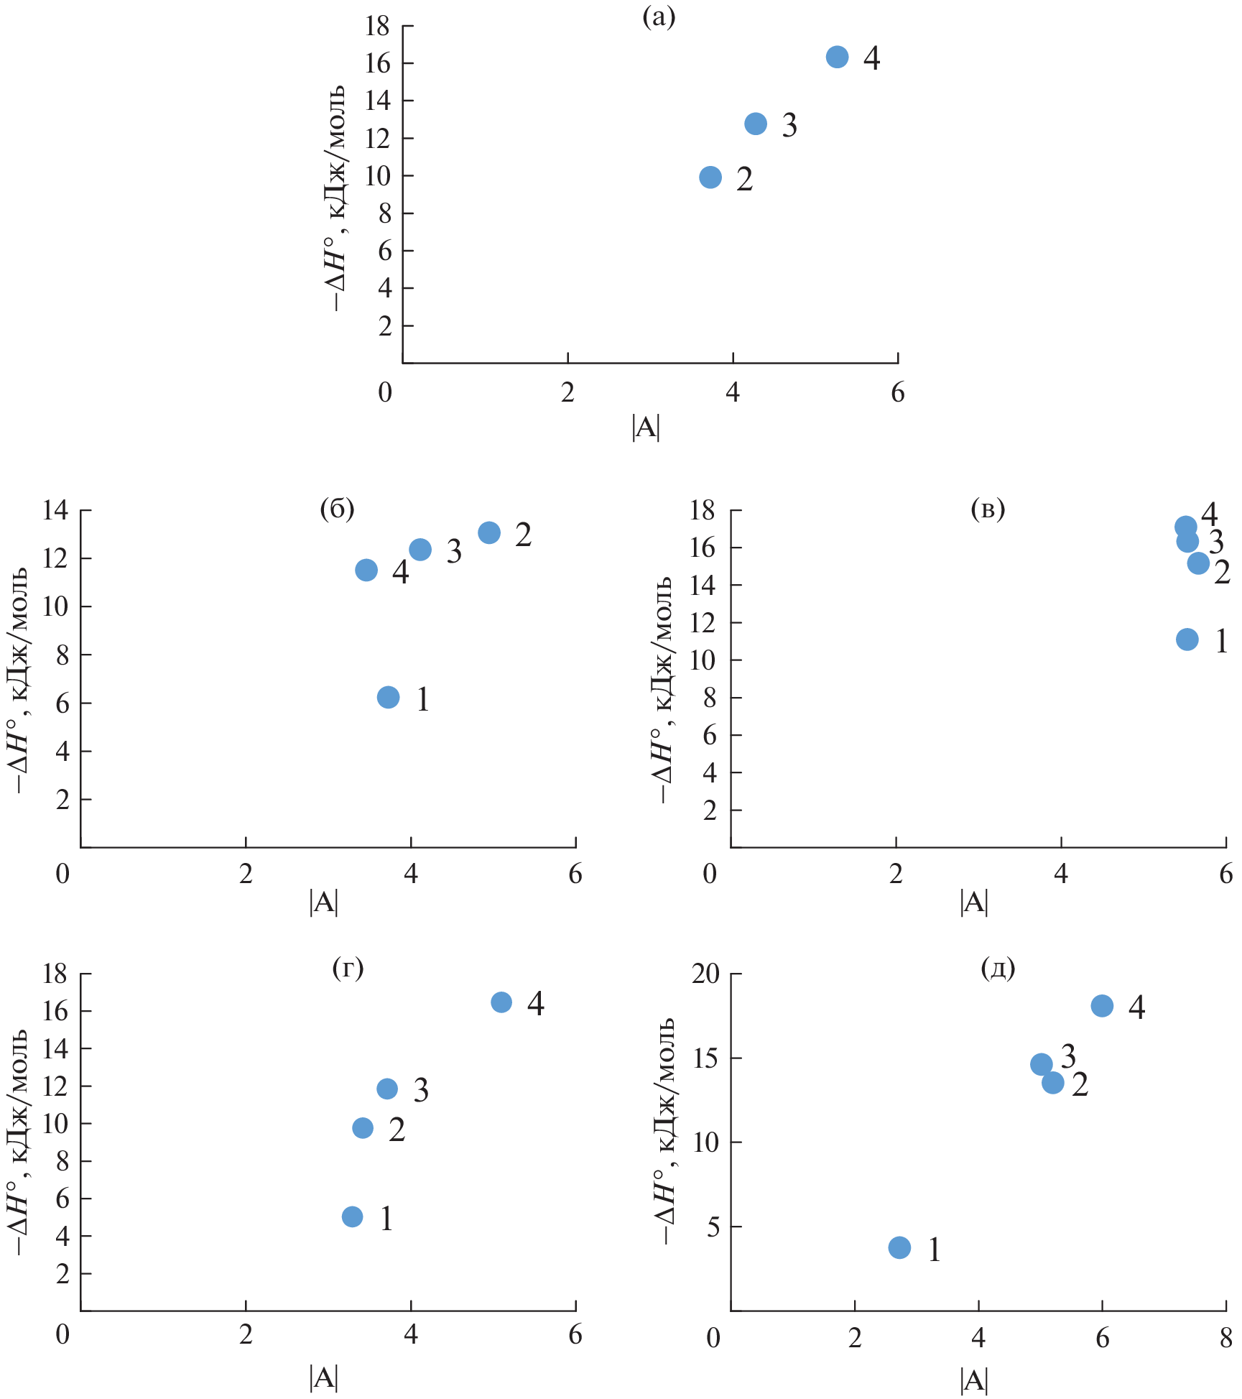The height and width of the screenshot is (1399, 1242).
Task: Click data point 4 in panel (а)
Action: pyautogui.click(x=837, y=57)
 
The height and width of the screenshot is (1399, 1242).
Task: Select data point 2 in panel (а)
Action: pyautogui.click(x=710, y=177)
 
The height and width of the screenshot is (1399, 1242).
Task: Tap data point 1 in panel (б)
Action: pyautogui.click(x=388, y=697)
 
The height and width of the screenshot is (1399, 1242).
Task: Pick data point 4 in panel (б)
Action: pyautogui.click(x=366, y=570)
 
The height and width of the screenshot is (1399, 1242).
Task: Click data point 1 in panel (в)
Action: pyautogui.click(x=1187, y=640)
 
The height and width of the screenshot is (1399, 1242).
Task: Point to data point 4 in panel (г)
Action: pyautogui.click(x=501, y=1002)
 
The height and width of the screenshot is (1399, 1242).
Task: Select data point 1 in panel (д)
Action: pyautogui.click(x=899, y=1247)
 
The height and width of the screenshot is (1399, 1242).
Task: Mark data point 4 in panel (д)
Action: pyautogui.click(x=1102, y=1006)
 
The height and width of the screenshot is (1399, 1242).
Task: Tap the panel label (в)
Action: pyautogui.click(x=988, y=509)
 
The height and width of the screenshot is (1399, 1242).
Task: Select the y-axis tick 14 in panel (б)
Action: pyautogui.click(x=55, y=510)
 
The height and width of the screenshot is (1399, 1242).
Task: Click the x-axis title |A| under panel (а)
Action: pyautogui.click(x=646, y=428)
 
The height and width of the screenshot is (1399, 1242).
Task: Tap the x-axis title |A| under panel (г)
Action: pyautogui.click(x=323, y=1377)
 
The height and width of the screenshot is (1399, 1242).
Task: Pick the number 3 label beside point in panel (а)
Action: pyautogui.click(x=789, y=126)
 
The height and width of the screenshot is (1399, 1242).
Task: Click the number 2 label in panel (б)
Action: pyautogui.click(x=523, y=535)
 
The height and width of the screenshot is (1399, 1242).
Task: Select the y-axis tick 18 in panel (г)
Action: pyautogui.click(x=55, y=974)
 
